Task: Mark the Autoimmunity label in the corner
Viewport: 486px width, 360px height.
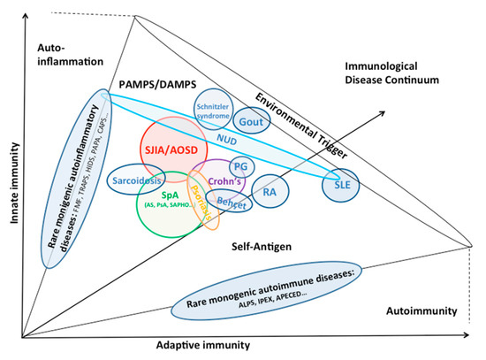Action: (x=420, y=311)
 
